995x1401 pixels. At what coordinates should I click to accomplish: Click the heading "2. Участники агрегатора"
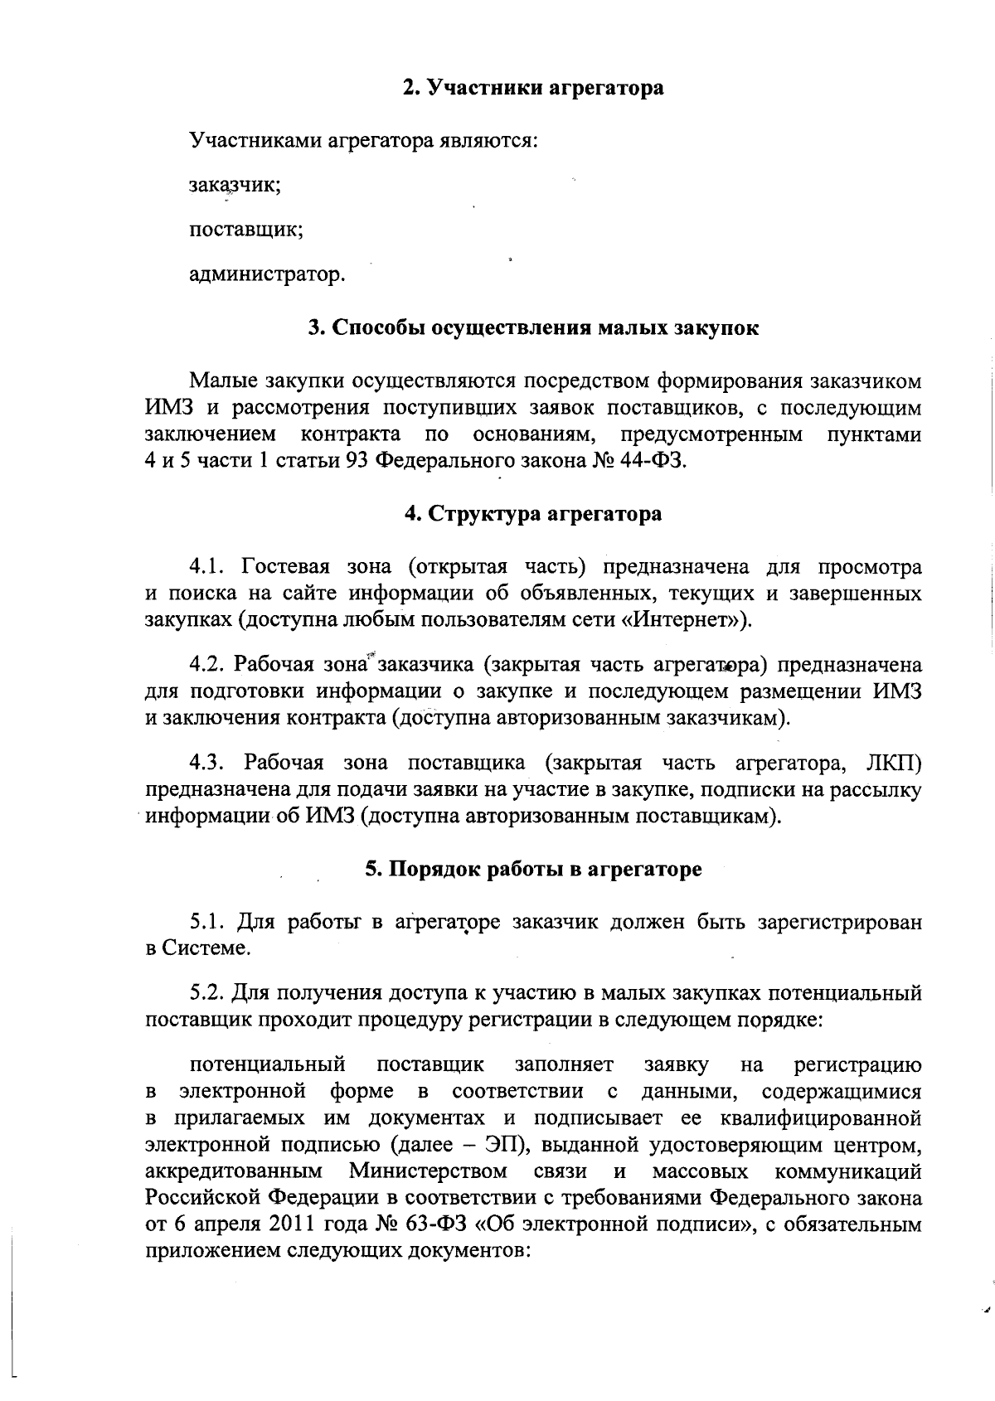tap(533, 88)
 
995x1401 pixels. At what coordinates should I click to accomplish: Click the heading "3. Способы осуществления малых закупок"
tap(533, 327)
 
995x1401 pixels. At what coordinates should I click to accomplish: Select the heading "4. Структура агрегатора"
tap(533, 514)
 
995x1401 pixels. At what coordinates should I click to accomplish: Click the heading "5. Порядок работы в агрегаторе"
tap(533, 869)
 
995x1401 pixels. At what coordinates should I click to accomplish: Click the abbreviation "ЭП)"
tap(520, 1146)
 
